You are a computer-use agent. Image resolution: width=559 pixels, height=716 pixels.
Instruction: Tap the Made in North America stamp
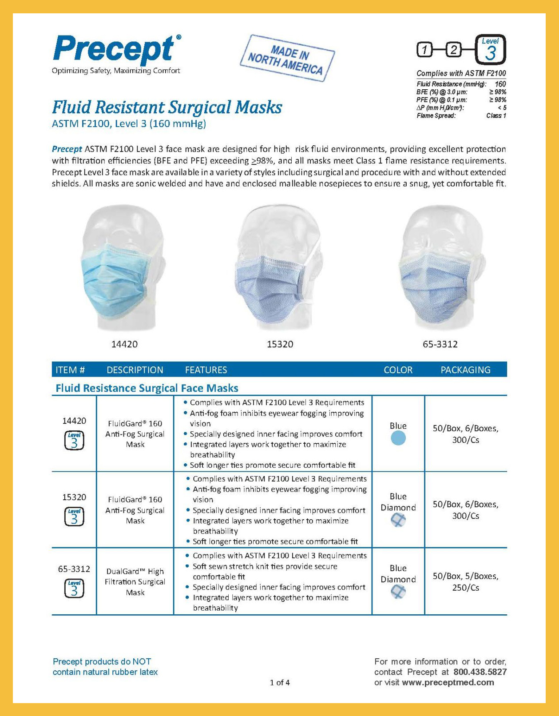287,58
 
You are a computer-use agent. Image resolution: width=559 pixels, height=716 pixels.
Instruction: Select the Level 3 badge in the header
490,49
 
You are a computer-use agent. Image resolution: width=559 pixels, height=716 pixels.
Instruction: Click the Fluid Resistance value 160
500,84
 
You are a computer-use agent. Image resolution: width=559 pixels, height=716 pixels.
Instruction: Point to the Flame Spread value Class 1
496,115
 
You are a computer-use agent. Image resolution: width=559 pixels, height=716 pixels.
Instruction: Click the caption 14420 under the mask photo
124,344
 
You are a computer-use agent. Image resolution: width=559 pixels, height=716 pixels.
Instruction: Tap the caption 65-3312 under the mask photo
440,344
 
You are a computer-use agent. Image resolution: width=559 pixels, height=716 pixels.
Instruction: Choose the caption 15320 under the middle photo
280,344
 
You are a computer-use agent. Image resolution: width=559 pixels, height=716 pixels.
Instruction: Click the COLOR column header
398,370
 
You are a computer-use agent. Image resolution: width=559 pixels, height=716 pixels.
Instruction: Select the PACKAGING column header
465,370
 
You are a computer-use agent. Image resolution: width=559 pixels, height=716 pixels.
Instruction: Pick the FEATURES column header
206,370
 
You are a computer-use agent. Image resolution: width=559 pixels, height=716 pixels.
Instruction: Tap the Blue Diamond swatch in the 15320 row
398,520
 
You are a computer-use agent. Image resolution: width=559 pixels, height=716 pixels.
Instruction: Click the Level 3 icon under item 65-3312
74,588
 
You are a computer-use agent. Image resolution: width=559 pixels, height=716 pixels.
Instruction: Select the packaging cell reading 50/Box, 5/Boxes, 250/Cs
465,581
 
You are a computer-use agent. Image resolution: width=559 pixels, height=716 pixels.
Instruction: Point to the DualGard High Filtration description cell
135,581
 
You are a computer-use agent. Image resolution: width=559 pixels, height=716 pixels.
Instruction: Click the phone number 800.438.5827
480,672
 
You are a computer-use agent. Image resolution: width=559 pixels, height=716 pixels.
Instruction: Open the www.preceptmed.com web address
448,683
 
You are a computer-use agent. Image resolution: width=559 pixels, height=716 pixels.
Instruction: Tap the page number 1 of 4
280,683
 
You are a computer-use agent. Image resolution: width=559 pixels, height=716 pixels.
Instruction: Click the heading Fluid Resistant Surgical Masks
167,107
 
